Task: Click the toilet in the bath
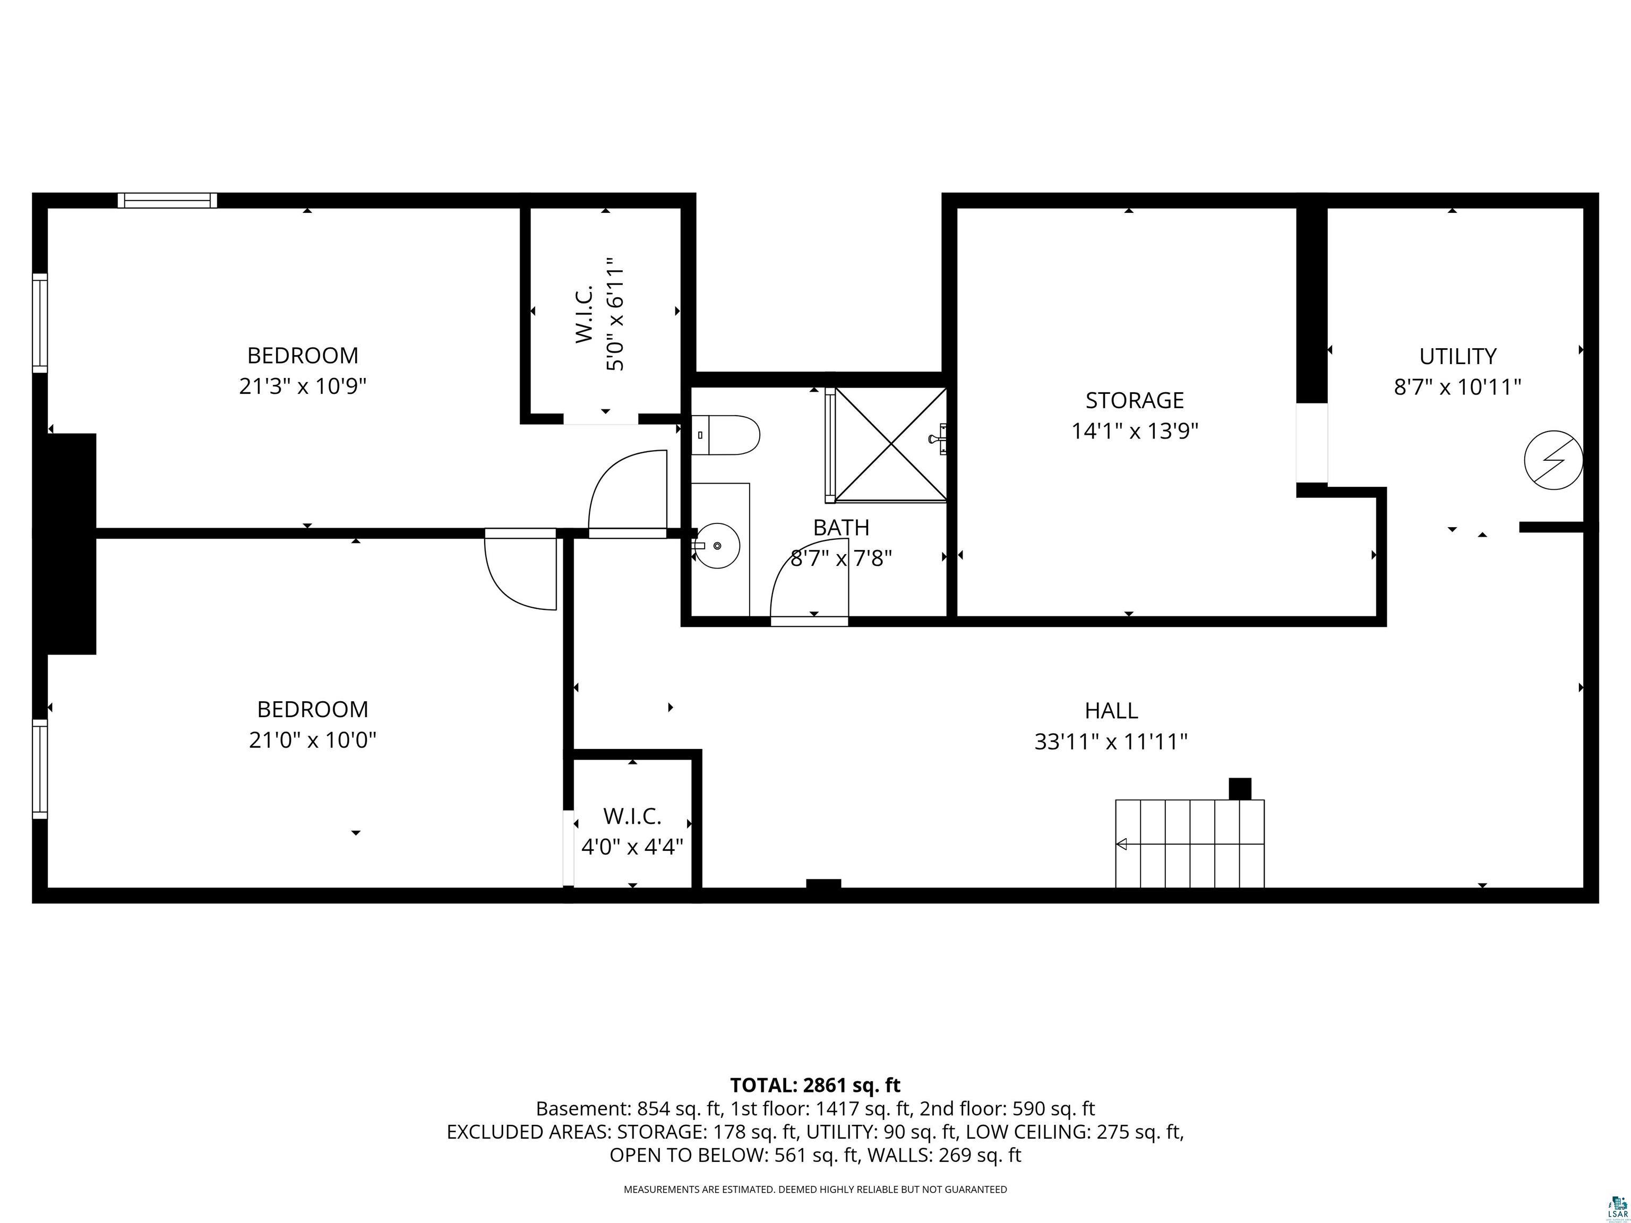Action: point(726,435)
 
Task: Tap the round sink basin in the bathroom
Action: point(717,546)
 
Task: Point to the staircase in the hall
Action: point(1189,843)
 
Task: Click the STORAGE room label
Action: point(1134,400)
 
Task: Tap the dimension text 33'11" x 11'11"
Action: point(1111,742)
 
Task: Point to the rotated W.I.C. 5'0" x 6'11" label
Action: point(600,315)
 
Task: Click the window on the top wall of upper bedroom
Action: point(167,201)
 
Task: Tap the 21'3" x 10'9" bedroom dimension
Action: point(302,386)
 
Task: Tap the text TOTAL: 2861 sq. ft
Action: point(815,1085)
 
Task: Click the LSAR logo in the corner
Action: point(1617,1206)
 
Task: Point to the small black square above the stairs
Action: point(1240,789)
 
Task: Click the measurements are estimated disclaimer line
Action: point(815,1189)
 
